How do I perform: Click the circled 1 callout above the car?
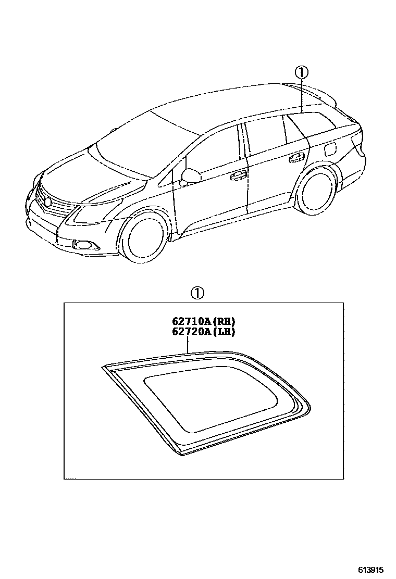pyautogui.click(x=302, y=73)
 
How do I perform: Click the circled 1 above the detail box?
pyautogui.click(x=197, y=293)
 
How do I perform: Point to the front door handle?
pyautogui.click(x=238, y=175)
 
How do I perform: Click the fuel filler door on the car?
pyautogui.click(x=330, y=150)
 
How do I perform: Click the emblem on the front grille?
pyautogui.click(x=48, y=202)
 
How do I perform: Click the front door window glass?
pyautogui.click(x=214, y=151)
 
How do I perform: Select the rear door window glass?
pyautogui.click(x=266, y=136)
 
